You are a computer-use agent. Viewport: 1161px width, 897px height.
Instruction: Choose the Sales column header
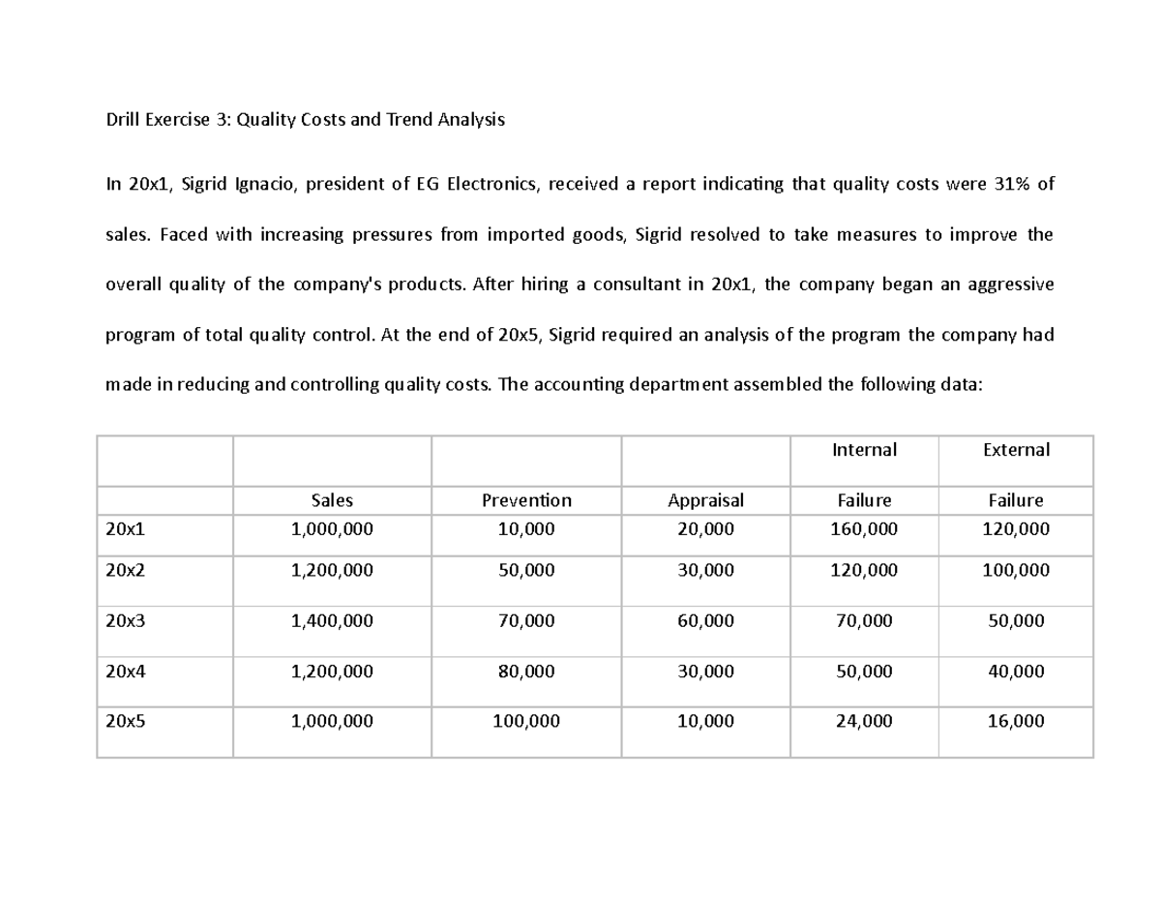pos(332,500)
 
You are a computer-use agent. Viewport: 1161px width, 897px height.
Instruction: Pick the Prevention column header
pos(526,500)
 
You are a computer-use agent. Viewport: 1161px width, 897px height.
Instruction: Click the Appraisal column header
pos(705,500)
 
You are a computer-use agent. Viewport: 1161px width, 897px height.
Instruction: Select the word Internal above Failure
pos(864,450)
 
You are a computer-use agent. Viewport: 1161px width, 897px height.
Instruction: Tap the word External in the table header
pos(1015,450)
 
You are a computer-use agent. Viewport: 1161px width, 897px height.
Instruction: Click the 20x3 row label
pos(125,621)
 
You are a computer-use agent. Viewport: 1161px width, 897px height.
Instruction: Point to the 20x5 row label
pos(125,722)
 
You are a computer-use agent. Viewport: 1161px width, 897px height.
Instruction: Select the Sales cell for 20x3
pos(332,621)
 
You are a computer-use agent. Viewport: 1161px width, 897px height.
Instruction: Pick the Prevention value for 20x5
pos(526,722)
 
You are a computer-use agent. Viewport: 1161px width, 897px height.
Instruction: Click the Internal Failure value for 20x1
pos(864,529)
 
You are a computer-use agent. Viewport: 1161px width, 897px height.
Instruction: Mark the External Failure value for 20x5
pos(1015,722)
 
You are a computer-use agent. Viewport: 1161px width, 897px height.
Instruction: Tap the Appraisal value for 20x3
pos(705,621)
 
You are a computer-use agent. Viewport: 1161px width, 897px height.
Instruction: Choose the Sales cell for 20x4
pos(332,672)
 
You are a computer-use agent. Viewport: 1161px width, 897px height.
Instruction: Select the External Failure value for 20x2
pos(1015,571)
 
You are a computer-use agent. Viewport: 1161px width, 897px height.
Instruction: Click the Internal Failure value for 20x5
pos(864,722)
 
